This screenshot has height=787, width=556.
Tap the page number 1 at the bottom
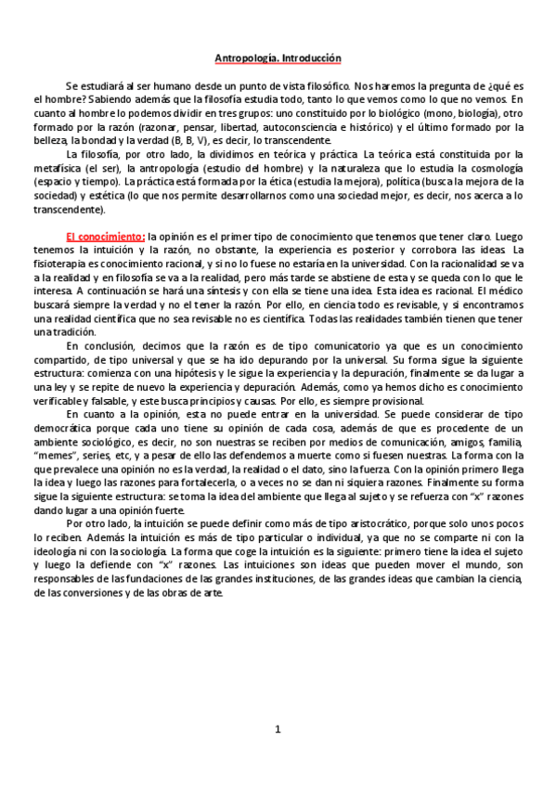click(x=278, y=729)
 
